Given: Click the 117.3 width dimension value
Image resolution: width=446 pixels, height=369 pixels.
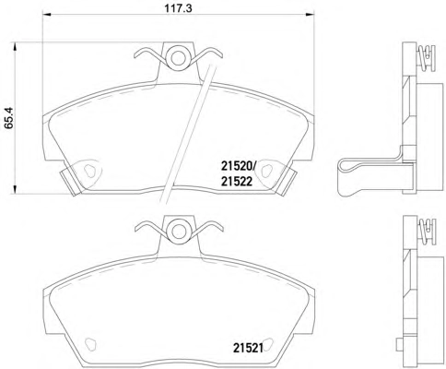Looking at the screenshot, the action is [178, 7].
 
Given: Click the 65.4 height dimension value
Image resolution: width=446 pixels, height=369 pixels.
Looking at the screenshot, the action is [9, 117].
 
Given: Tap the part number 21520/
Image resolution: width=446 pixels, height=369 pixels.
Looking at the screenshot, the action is [239, 167].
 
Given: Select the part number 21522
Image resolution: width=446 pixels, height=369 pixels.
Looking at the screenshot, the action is [237, 182].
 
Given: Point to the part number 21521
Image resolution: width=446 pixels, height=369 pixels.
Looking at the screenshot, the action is [248, 348].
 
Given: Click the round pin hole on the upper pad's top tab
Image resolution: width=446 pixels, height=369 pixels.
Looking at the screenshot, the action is [178, 57].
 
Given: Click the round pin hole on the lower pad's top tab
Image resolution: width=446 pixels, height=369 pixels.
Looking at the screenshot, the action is [179, 231].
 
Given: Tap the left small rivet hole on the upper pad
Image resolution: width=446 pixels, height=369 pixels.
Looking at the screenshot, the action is [89, 171].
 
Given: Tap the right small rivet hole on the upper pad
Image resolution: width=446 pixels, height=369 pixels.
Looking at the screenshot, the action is [266, 171].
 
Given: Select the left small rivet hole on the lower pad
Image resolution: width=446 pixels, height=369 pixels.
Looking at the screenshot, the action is [90, 344].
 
